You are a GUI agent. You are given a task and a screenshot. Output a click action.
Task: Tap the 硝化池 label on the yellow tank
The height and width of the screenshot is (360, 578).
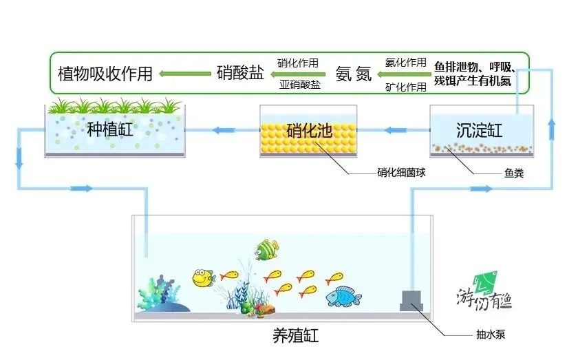309,129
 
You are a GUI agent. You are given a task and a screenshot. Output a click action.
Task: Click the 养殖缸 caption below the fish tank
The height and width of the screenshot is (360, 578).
295,337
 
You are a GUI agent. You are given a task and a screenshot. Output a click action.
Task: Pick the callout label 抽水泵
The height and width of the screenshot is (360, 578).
492,337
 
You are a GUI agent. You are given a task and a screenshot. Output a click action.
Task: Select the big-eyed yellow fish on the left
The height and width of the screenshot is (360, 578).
202,277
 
